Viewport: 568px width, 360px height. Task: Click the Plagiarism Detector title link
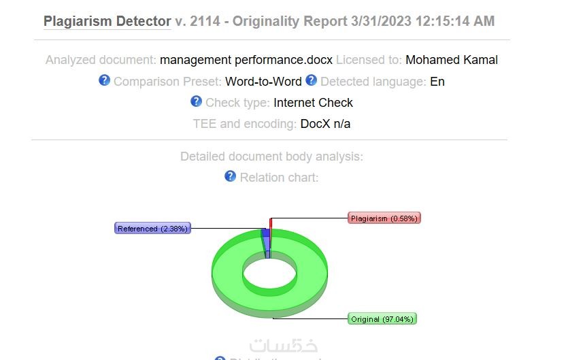[x=107, y=21]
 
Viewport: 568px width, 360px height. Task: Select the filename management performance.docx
[x=246, y=60]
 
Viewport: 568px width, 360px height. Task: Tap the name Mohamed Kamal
[x=452, y=60]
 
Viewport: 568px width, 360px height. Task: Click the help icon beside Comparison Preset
[x=104, y=80]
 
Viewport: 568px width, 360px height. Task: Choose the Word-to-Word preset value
[x=263, y=82]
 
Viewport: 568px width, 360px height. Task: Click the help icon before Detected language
[x=311, y=80]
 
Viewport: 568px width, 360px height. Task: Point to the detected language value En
[x=437, y=82]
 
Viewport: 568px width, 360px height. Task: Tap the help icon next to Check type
[x=196, y=101]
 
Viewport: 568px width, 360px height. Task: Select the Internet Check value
[x=313, y=103]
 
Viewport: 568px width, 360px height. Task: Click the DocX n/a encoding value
[x=325, y=124]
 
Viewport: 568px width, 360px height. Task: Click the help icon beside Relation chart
[x=230, y=176]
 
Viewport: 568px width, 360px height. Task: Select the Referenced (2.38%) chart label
[x=152, y=229]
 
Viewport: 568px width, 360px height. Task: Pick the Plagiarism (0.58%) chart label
[x=384, y=218]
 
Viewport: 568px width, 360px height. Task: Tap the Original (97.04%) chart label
[x=382, y=319]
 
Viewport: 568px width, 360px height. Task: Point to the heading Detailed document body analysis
[x=271, y=157]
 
